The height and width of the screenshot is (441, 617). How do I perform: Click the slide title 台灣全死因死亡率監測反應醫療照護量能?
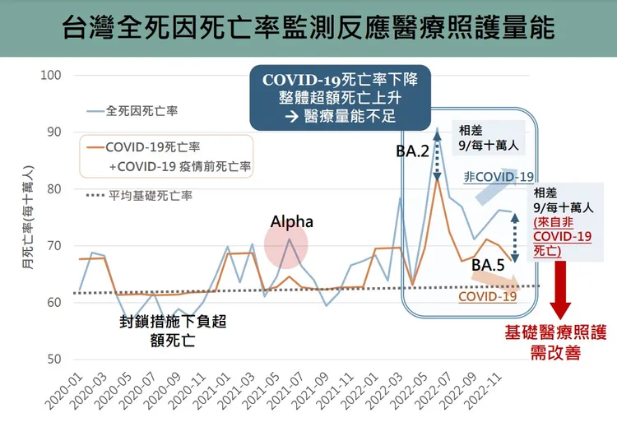(x=308, y=28)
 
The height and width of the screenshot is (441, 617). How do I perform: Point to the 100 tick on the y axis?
(x=51, y=76)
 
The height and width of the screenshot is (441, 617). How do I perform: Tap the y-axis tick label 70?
(x=53, y=246)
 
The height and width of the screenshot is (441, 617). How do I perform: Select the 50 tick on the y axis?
(x=53, y=360)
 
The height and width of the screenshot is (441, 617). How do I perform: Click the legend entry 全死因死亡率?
(x=141, y=109)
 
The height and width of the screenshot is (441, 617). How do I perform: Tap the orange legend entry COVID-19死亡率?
(x=152, y=147)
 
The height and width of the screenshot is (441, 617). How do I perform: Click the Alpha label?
(x=292, y=222)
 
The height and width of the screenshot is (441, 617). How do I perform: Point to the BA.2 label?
(x=411, y=151)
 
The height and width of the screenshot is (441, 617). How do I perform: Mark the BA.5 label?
(x=489, y=266)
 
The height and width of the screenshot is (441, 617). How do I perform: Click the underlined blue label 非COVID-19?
(x=499, y=177)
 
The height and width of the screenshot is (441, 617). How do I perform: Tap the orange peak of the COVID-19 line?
(x=437, y=179)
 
